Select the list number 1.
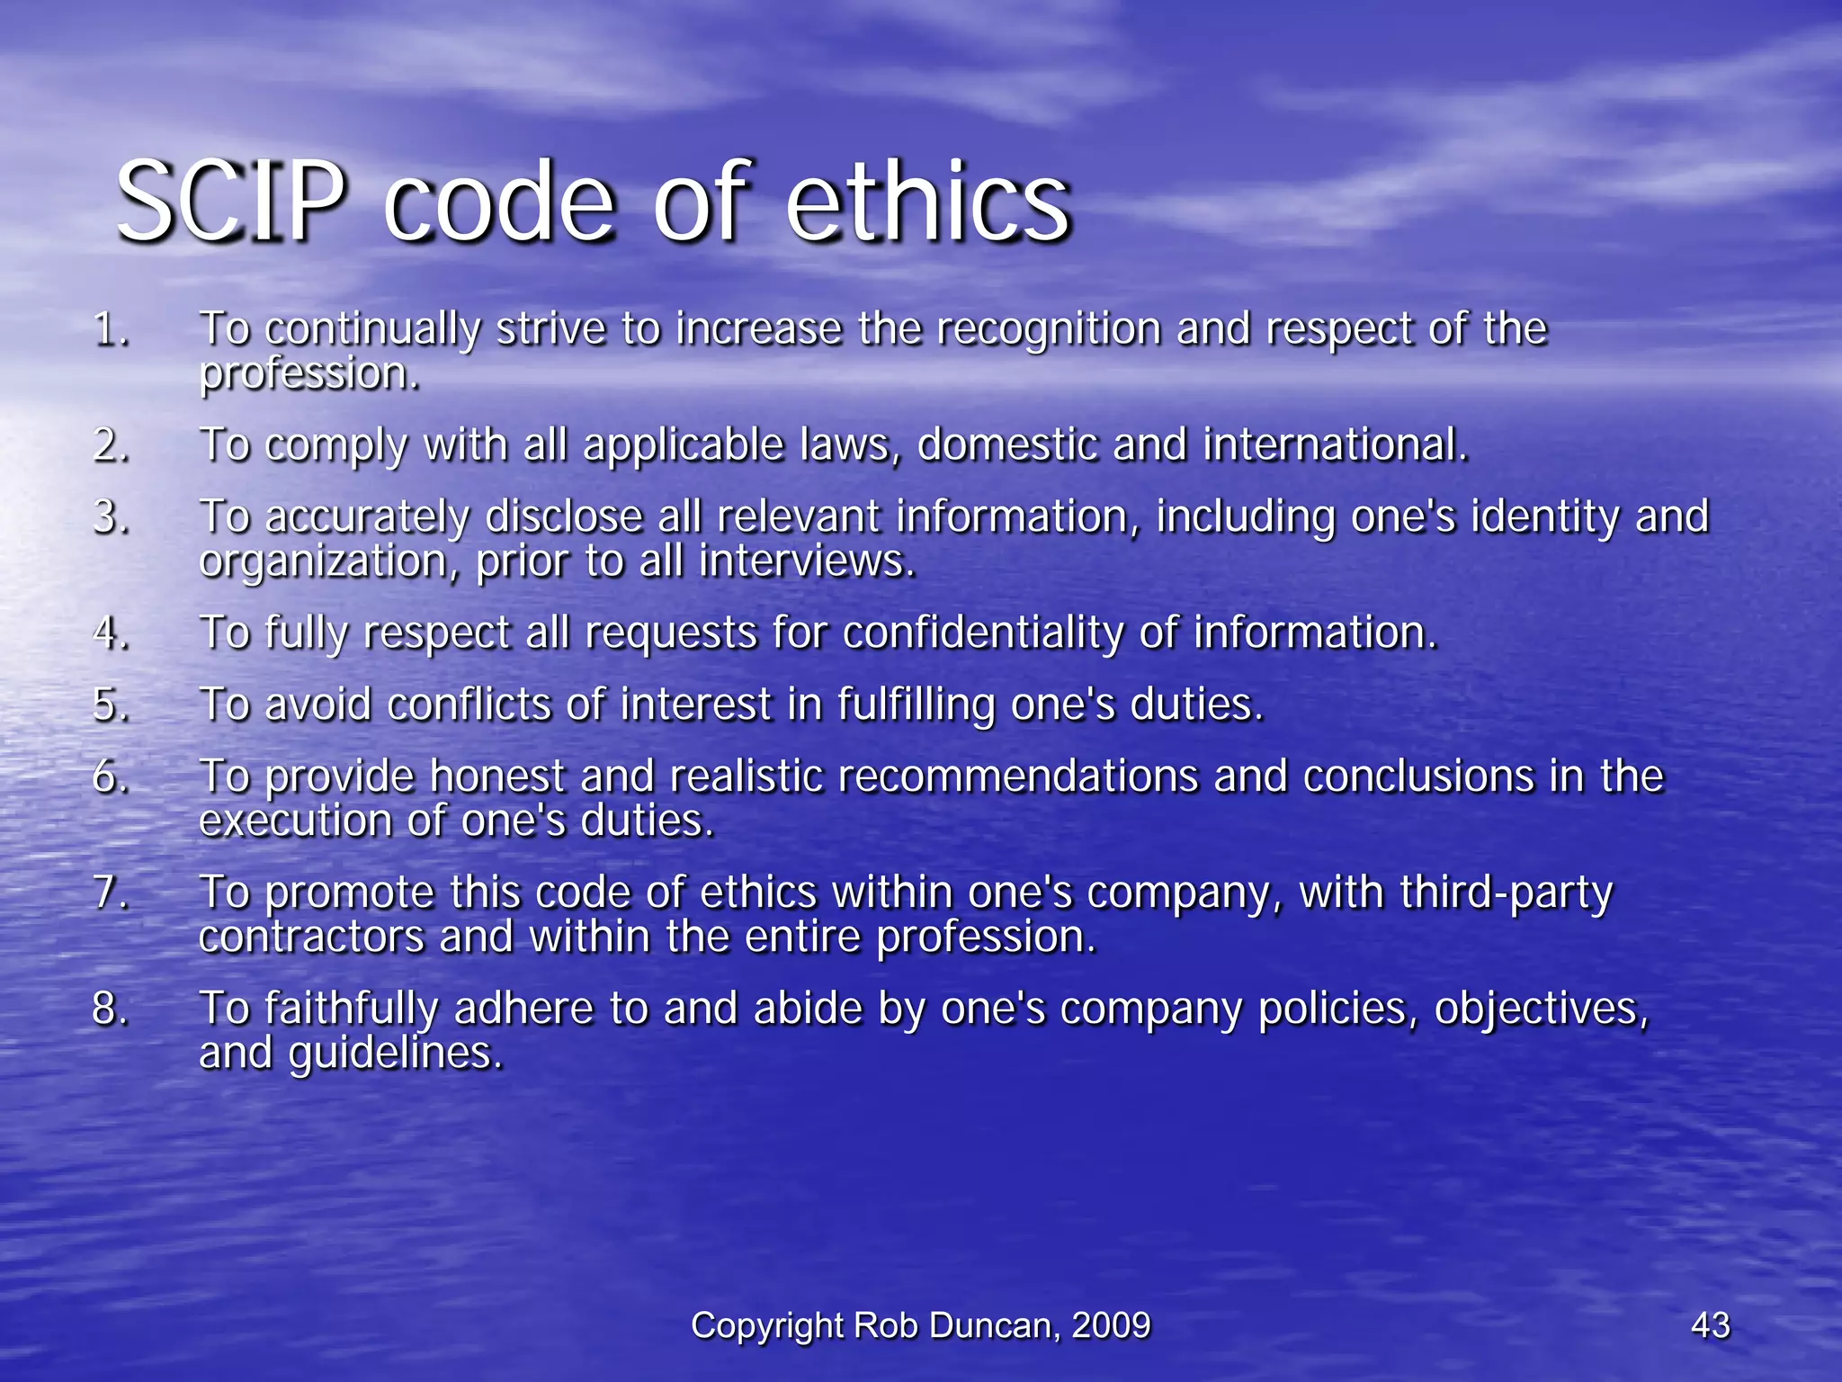click(x=110, y=329)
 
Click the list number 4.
click(x=110, y=633)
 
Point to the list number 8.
click(x=110, y=1008)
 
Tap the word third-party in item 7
click(x=1506, y=893)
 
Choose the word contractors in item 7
click(x=311, y=938)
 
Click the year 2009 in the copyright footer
click(x=1111, y=1325)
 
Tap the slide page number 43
click(x=1710, y=1325)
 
